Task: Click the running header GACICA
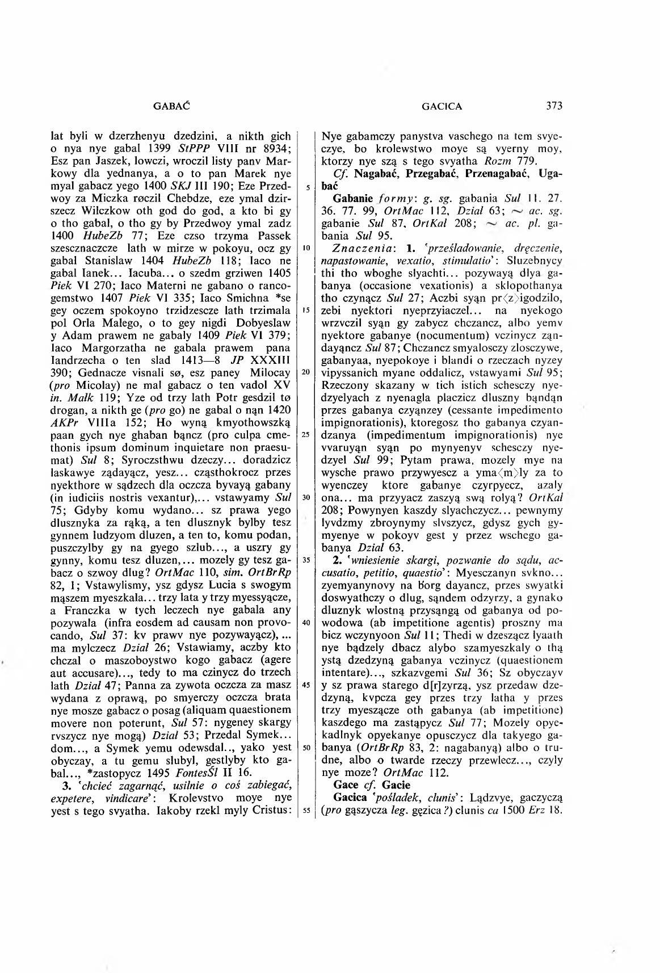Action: point(442,106)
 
